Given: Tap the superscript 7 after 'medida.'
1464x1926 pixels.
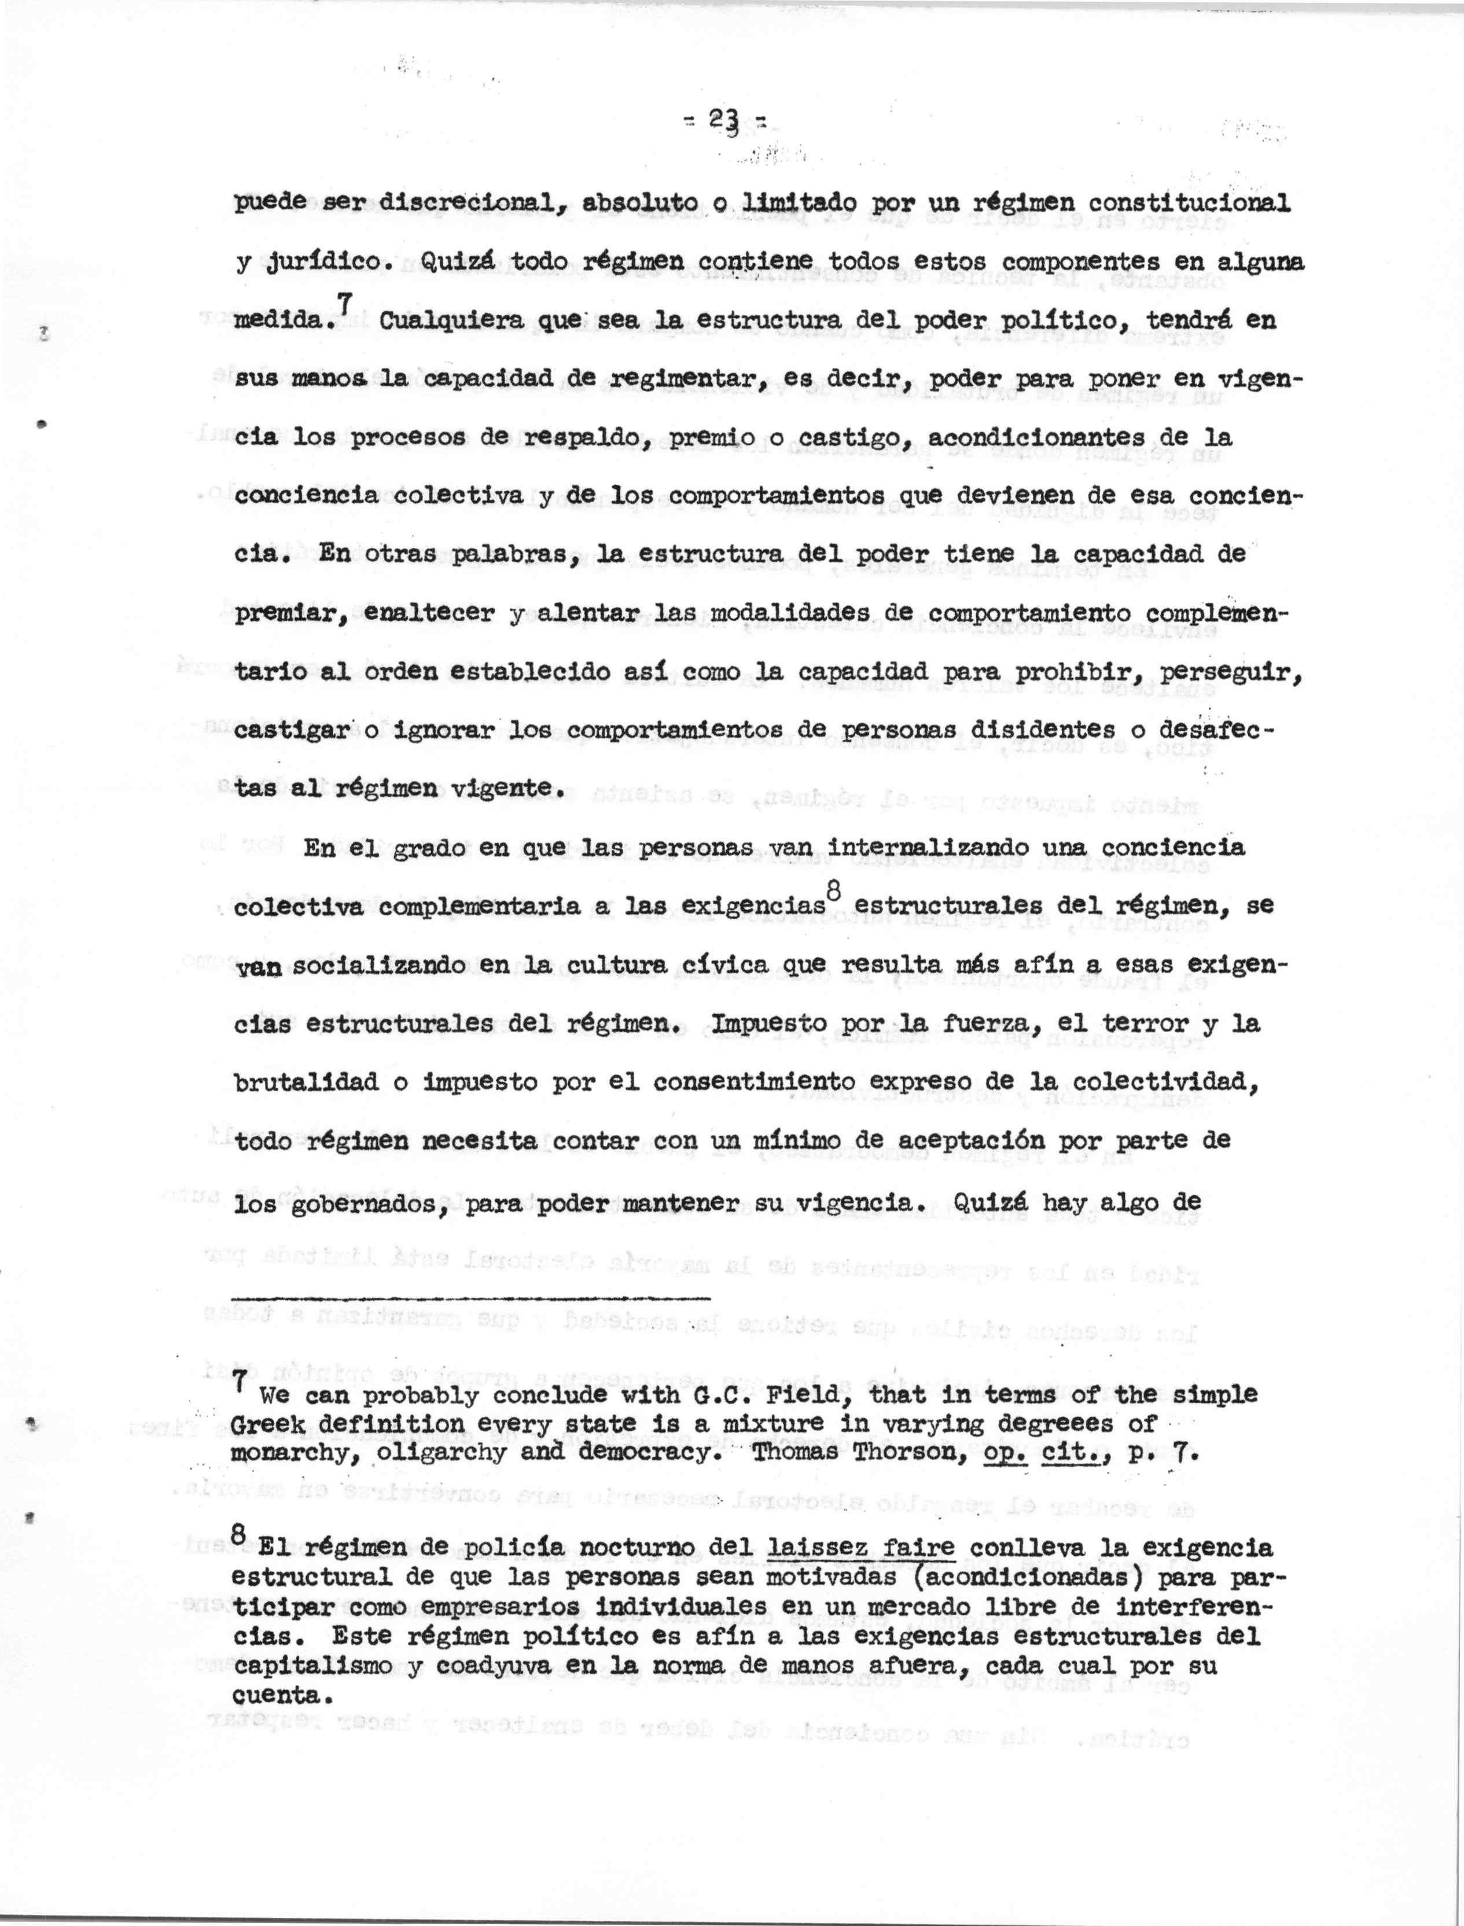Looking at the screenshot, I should tap(345, 305).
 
